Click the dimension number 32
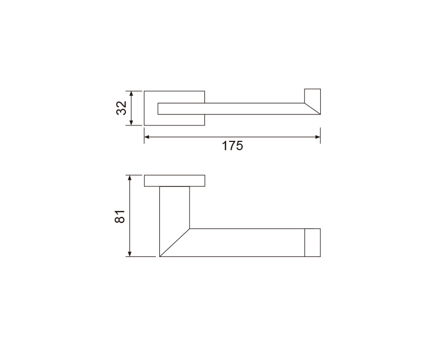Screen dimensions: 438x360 coord(122,108)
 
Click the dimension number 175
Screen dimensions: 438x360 coord(232,146)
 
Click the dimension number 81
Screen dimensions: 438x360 coord(120,216)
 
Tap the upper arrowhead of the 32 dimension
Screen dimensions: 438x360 coord(132,94)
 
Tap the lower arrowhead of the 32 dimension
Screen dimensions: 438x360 coord(132,122)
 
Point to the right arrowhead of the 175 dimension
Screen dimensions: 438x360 coord(318,137)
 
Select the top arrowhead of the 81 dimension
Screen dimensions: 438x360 coord(129,178)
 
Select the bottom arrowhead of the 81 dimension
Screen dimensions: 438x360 coord(129,254)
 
